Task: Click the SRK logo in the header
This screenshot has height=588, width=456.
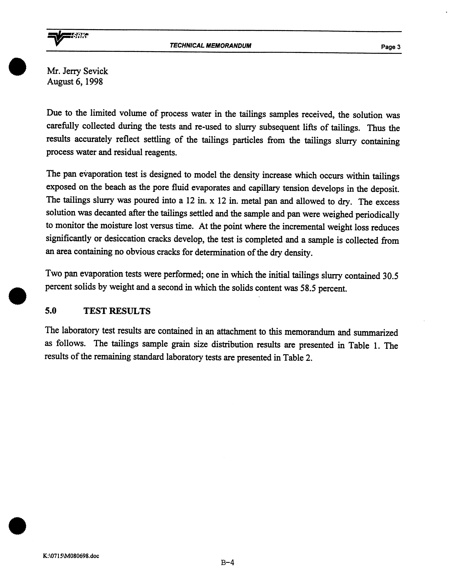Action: [67, 38]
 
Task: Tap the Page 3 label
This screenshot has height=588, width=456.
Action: [390, 47]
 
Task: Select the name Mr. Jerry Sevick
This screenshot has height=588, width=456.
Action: [77, 71]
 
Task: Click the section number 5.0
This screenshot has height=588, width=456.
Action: [51, 311]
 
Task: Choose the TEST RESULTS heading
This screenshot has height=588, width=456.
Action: [117, 311]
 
